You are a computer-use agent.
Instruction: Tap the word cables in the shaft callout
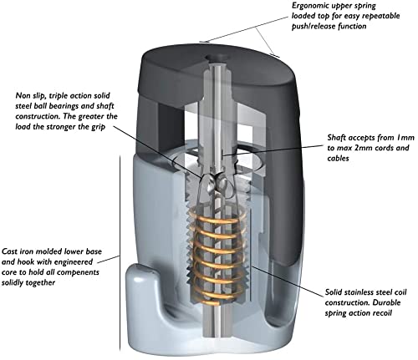pyautogui.click(x=338, y=159)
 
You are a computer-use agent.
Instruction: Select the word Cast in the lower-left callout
pyautogui.click(x=9, y=251)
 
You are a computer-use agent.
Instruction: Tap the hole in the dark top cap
pyautogui.click(x=217, y=58)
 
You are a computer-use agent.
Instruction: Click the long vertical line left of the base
pyautogui.click(x=120, y=253)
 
